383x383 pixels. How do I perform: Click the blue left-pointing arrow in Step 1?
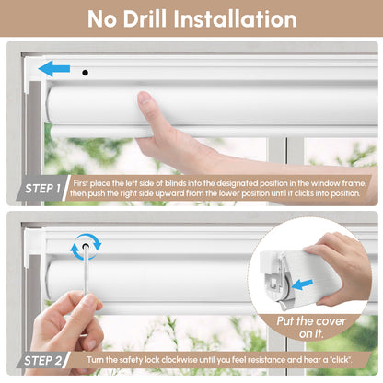click(53, 68)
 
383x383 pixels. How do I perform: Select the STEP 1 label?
click(41, 190)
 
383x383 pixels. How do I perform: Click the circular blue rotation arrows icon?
click(85, 246)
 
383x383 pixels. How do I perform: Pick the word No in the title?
click(108, 19)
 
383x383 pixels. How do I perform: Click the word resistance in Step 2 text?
click(251, 358)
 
